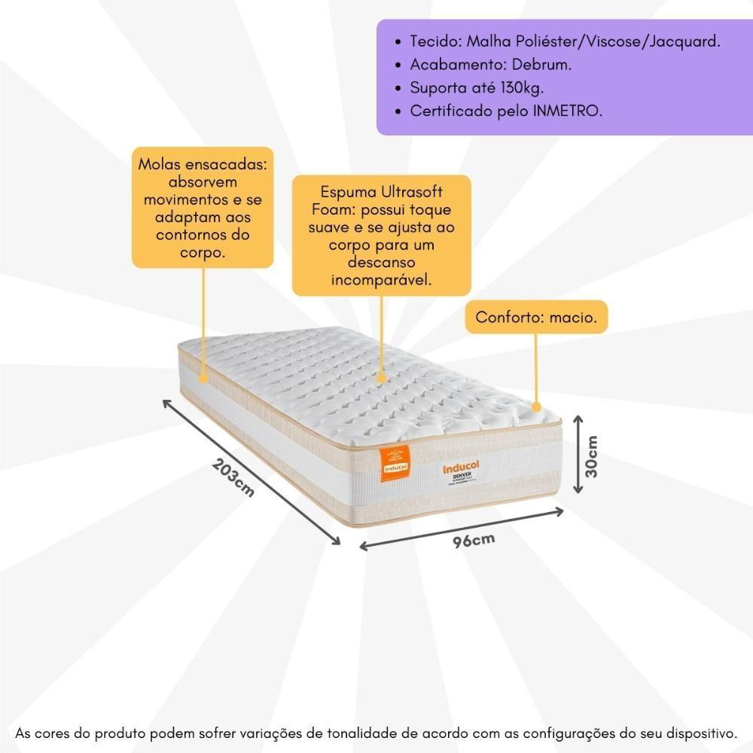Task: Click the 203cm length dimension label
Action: coord(233,478)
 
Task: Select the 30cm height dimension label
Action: coord(592,456)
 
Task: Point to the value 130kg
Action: coord(520,88)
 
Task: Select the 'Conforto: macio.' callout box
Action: coord(536,318)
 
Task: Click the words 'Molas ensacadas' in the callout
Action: coord(203,165)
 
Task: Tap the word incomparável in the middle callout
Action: coord(382,280)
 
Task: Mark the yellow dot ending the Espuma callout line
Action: coord(381,375)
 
